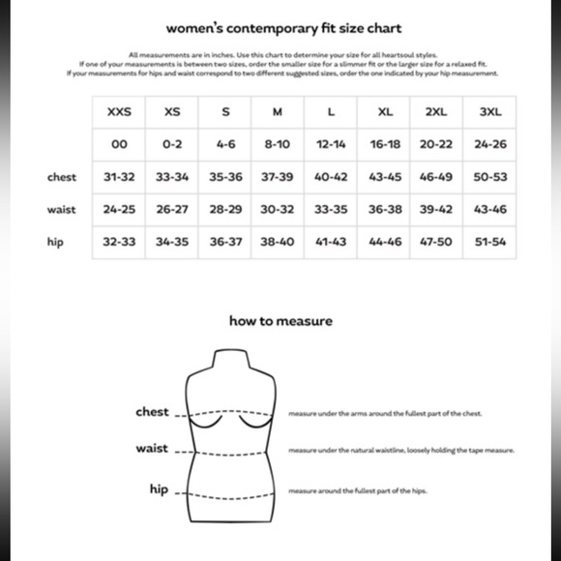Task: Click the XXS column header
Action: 119,111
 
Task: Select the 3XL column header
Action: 491,111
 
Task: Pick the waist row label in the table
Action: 62,209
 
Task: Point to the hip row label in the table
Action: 55,242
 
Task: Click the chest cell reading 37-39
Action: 278,177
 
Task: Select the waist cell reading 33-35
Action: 331,209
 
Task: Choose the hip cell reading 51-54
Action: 491,242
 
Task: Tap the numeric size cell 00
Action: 119,144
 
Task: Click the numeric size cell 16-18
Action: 385,144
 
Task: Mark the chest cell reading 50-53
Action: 491,177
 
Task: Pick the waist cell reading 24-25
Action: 119,209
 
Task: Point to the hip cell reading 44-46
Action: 385,242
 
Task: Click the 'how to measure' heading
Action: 280,320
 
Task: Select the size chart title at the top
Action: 283,28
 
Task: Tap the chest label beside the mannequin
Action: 152,412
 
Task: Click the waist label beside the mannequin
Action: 152,449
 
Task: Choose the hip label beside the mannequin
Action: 159,489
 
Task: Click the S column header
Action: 225,111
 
